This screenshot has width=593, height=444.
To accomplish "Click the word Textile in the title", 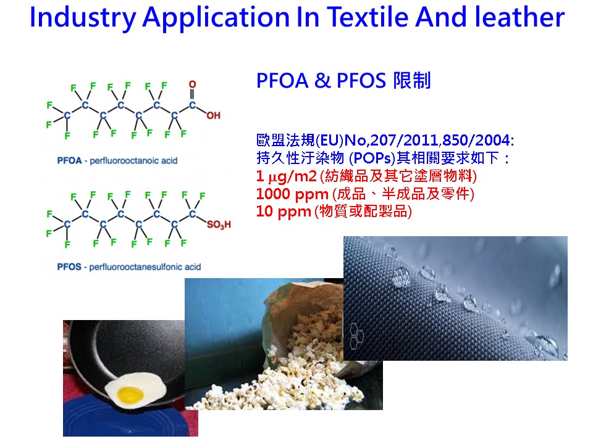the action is pos(367,17).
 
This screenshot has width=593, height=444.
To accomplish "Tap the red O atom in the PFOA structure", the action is pos(193,84).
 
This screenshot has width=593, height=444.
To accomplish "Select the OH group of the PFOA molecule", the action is pos(213,115).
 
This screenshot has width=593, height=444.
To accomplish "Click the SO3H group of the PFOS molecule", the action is pos(219,225).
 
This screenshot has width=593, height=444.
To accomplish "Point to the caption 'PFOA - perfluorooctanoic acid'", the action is pos(117,161).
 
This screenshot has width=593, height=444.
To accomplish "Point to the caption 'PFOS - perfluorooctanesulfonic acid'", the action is pos(129,267).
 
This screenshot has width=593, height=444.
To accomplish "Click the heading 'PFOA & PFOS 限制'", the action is pos(344,80).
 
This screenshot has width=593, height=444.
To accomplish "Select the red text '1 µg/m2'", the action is pos(286,176).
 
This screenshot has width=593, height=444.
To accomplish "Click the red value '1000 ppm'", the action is pos(292,194).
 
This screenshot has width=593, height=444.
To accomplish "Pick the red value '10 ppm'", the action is pos(284,212).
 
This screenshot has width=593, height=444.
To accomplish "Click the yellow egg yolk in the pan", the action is pos(130,395).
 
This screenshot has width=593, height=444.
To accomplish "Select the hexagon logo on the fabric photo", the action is pos(356,335).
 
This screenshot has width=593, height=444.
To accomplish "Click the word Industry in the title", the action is pos(82,18).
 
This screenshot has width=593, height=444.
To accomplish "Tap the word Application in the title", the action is pos(216,18).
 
